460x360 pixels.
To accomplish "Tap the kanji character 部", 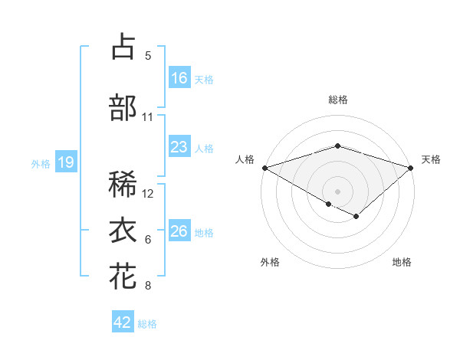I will point(123,107).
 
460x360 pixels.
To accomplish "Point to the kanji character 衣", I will point(123,231).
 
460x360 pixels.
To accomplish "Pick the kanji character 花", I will point(123,277).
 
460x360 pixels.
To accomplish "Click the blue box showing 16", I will point(179,77).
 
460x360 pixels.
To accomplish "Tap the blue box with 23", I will point(179,146).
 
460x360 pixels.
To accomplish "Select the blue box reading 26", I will point(179,231).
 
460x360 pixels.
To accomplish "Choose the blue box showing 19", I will point(65,162).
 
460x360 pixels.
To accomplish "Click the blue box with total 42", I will point(123,322).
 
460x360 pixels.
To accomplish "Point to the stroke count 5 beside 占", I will point(148,56).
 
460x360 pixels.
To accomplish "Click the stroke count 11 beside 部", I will point(148,117).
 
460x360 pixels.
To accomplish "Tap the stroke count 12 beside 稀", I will point(149,194).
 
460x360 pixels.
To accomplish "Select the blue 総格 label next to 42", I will point(147,324).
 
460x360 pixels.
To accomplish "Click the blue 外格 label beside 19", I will point(41,163).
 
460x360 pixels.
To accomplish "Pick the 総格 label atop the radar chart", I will point(337,100).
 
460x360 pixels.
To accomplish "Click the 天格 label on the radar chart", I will point(431,159).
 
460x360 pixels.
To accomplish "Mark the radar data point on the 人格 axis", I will point(264,168).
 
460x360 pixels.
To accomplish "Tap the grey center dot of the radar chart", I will point(337,190).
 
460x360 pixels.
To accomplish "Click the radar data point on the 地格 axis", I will point(356,217).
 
